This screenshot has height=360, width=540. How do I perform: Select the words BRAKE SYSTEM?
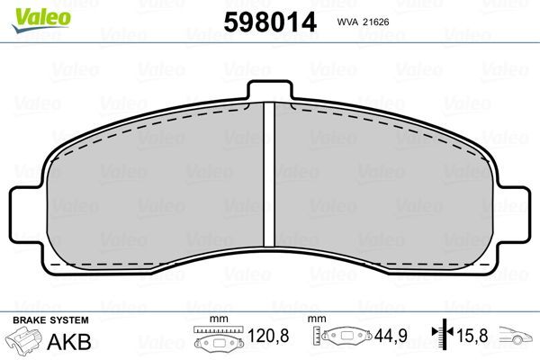coord(49,320)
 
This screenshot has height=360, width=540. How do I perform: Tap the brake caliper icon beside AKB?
coord(25,342)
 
